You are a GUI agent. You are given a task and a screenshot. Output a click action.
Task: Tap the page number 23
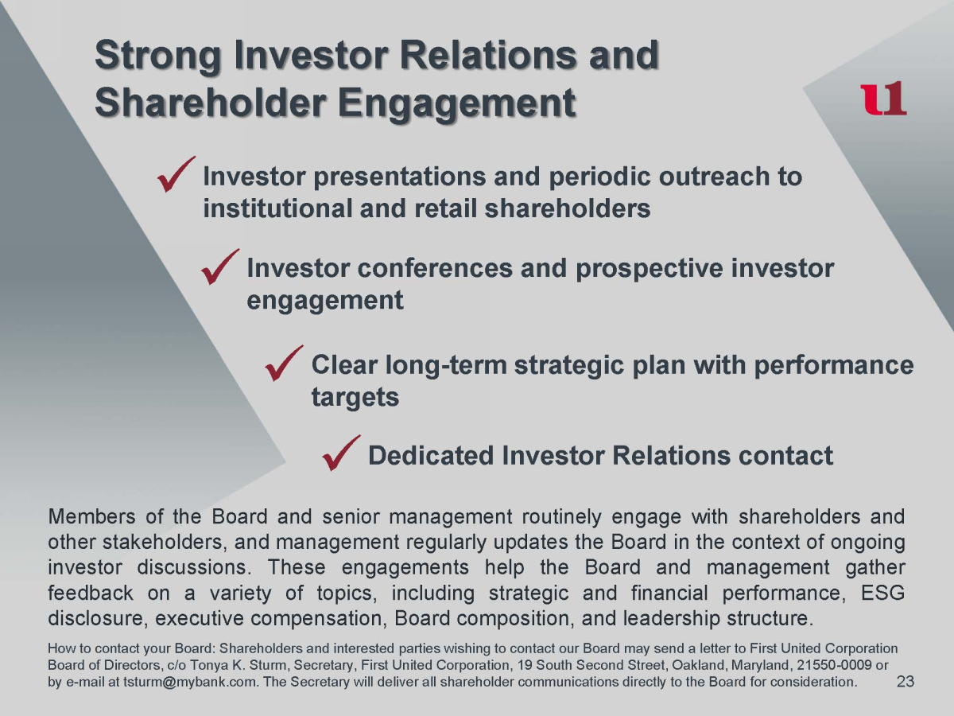[x=906, y=681]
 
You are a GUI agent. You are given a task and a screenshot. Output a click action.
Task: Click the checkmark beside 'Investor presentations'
[x=176, y=174]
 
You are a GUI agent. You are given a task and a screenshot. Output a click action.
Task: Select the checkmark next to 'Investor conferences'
[x=220, y=267]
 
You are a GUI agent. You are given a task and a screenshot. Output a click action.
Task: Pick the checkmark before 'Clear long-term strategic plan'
[x=284, y=363]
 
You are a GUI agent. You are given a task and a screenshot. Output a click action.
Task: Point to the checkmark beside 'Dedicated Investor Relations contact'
[x=341, y=453]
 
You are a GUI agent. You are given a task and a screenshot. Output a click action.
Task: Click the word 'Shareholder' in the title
[x=211, y=103]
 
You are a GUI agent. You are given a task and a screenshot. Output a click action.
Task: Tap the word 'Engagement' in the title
[x=457, y=104]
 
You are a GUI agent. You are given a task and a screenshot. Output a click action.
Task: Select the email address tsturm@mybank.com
[x=190, y=682]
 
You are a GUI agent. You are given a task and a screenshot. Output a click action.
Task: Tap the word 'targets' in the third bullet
[x=355, y=397]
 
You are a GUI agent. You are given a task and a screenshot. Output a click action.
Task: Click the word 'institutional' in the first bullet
[x=277, y=208]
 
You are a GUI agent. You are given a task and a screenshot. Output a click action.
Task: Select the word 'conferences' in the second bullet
[x=435, y=268]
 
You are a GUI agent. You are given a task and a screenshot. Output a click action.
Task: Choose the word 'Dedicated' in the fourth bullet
[x=430, y=455]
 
